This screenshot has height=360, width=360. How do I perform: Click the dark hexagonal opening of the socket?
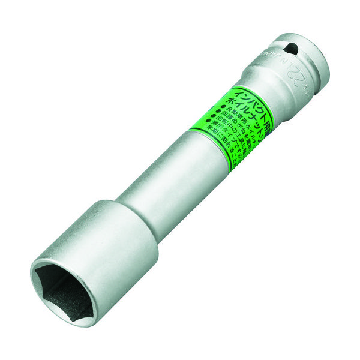63,287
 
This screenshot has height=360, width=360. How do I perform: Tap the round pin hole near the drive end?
290,48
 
